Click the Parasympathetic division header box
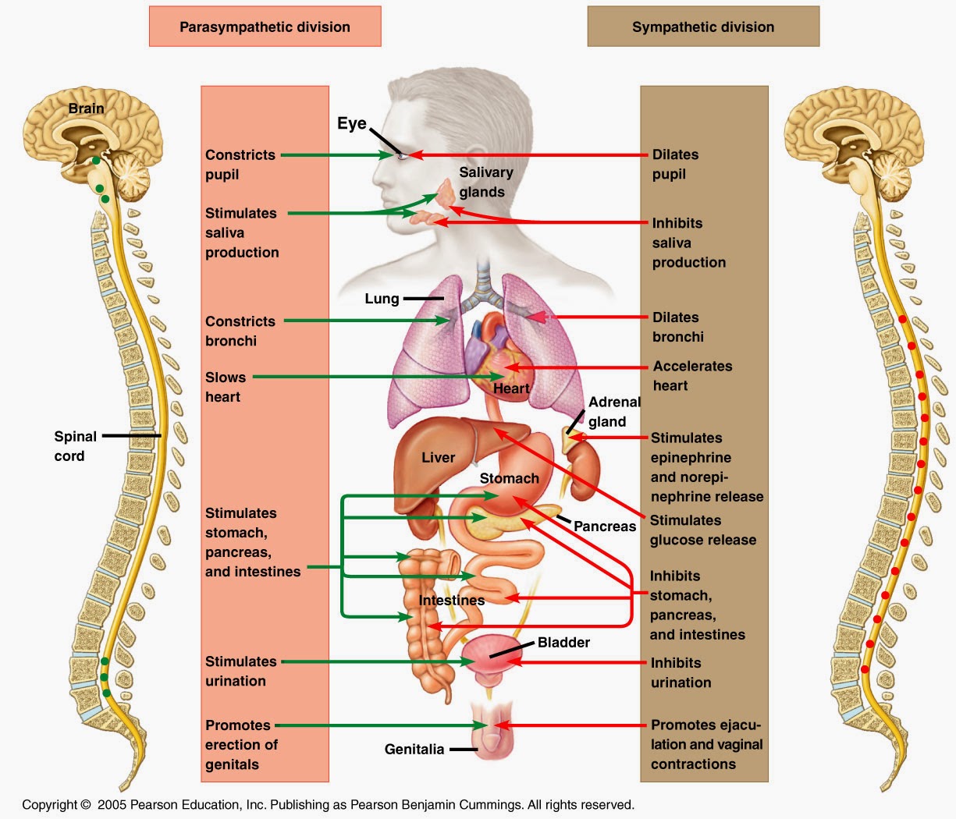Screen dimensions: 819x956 [265, 27]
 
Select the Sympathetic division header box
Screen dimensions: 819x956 [702, 27]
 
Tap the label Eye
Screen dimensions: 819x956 [351, 123]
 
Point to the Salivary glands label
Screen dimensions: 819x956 [485, 183]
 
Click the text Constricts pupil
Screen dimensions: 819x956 [240, 165]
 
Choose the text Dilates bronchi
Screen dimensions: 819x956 [677, 327]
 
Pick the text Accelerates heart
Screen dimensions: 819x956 [692, 375]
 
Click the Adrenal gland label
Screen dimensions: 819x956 [613, 412]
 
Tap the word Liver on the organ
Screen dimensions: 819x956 [438, 458]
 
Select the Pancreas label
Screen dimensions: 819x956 [604, 526]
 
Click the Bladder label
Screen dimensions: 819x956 [563, 643]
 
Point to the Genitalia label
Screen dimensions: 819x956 [414, 750]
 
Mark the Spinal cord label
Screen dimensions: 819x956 [75, 446]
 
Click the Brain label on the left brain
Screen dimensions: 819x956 [86, 108]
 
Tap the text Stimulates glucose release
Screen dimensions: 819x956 [702, 530]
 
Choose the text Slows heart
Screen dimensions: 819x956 [225, 387]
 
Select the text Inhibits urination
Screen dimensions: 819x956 [681, 672]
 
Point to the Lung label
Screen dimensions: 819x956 [382, 299]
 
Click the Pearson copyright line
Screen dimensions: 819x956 [328, 804]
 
